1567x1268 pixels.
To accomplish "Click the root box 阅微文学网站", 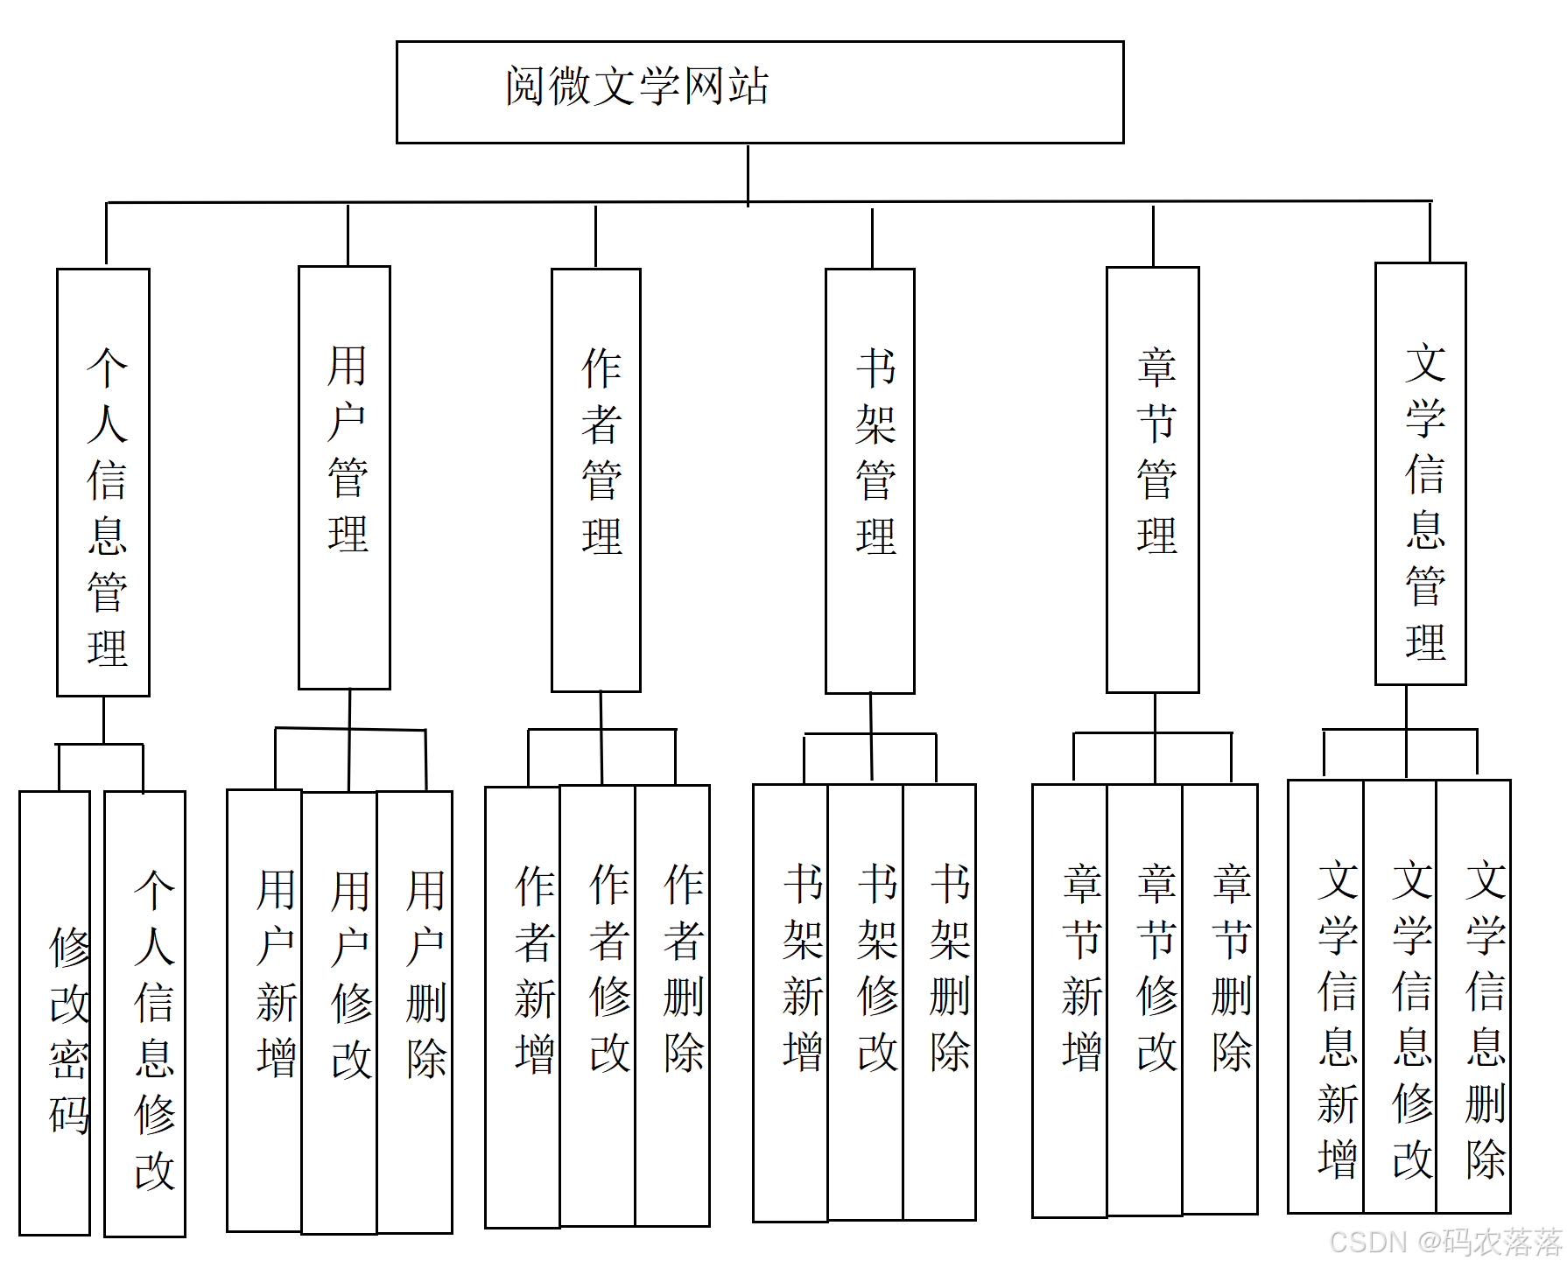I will pyautogui.click(x=760, y=92).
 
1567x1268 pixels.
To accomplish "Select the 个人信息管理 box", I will pyautogui.click(x=103, y=482).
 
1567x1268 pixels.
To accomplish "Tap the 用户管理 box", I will pyautogui.click(x=344, y=478).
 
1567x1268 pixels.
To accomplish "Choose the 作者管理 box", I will pyautogui.click(x=596, y=480).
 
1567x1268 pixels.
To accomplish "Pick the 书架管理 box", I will pyautogui.click(x=870, y=481).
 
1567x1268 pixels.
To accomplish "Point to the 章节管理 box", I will pyautogui.click(x=1153, y=480).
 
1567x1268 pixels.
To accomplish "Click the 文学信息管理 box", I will pyautogui.click(x=1421, y=474).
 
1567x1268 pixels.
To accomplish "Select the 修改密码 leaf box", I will pyautogui.click(x=55, y=1013).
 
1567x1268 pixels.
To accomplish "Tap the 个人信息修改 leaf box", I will pyautogui.click(x=145, y=1013).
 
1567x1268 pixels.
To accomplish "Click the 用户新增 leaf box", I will pyautogui.click(x=264, y=1011).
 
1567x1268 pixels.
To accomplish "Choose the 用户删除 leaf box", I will pyautogui.click(x=415, y=1012).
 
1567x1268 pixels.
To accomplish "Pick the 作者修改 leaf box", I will pyautogui.click(x=598, y=1005).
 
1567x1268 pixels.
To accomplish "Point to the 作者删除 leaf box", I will pyautogui.click(x=672, y=1005).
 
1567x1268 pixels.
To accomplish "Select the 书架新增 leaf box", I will pyautogui.click(x=791, y=1003).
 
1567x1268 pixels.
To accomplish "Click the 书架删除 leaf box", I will pyautogui.click(x=939, y=1002).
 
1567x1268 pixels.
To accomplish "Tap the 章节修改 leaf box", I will pyautogui.click(x=1145, y=1000).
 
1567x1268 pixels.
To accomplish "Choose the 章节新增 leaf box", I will pyautogui.click(x=1070, y=1000).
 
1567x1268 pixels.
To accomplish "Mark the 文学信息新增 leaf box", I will pyautogui.click(x=1326, y=997).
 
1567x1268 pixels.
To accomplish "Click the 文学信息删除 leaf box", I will pyautogui.click(x=1474, y=997).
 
